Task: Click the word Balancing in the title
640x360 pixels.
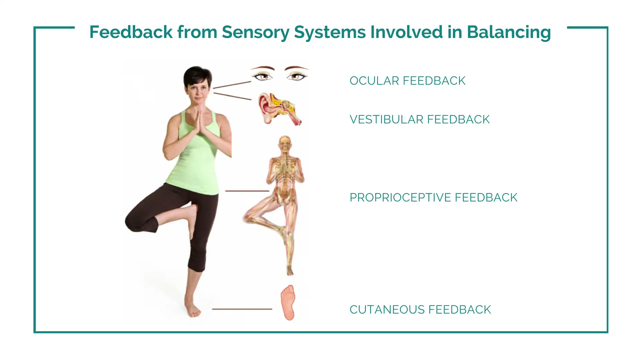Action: (x=509, y=33)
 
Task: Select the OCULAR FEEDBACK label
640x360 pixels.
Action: (x=407, y=81)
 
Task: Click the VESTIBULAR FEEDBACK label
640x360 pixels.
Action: (x=420, y=119)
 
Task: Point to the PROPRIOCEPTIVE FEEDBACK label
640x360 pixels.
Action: (x=433, y=197)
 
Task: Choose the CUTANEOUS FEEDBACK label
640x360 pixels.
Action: (x=420, y=310)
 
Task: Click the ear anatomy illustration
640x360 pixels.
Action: (x=280, y=109)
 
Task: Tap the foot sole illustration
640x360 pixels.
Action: (x=288, y=302)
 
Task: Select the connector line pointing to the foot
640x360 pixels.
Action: (x=242, y=309)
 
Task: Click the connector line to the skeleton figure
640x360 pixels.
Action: (x=247, y=191)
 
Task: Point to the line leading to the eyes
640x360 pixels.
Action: (x=232, y=85)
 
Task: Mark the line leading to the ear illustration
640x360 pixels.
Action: (x=232, y=96)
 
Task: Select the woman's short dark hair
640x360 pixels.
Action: (x=197, y=77)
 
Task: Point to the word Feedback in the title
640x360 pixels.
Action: (x=131, y=33)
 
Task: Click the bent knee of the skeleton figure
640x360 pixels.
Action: (x=249, y=217)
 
